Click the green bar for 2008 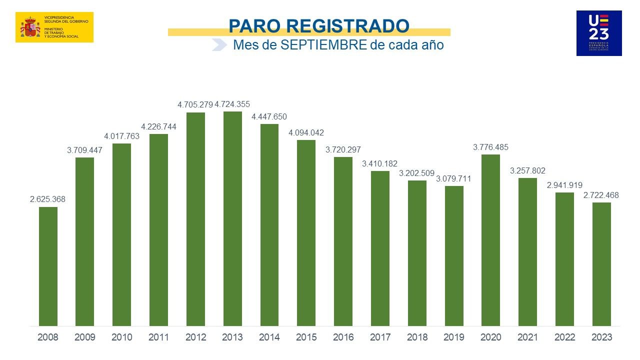pos(48,266)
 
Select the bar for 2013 pos(232,218)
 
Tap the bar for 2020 pos(490,240)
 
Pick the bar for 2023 pos(601,264)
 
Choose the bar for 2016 pos(343,241)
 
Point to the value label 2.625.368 pos(47,199)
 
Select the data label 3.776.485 pos(490,147)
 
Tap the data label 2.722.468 pos(601,195)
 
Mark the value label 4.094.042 pos(306,133)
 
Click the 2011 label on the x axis pos(158,337)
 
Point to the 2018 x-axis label pos(417,337)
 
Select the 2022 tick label pos(564,337)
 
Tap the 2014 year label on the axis pos(269,337)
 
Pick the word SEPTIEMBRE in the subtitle pos(323,45)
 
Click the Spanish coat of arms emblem pos(30,27)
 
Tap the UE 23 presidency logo pos(598,33)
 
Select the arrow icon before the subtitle pos(219,45)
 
